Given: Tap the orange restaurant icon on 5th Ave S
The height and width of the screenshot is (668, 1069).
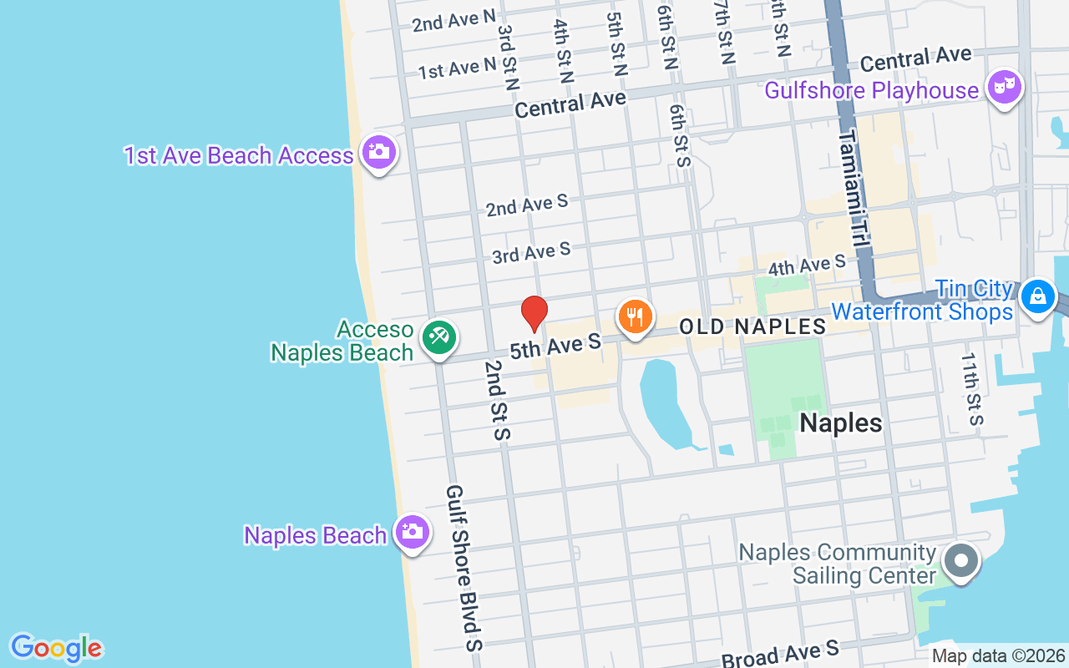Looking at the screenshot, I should [x=635, y=317].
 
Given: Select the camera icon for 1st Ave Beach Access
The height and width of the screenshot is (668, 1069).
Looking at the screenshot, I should [x=379, y=152].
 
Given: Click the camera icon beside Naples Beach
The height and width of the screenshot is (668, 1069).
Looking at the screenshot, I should [x=412, y=531].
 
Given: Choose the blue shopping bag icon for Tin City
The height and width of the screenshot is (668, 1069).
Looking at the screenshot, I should [x=1037, y=296].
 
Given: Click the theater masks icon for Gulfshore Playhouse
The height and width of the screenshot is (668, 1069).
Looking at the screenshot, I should [x=1004, y=87].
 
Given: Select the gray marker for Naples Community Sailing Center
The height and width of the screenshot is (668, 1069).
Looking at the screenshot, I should [x=960, y=560].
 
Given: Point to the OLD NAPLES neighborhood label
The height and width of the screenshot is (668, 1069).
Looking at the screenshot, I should [x=752, y=326].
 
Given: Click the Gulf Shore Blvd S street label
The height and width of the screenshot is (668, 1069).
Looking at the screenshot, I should [x=464, y=568].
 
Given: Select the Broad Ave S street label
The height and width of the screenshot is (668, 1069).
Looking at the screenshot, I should [x=780, y=654].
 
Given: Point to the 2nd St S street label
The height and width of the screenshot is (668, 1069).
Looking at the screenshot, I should [x=498, y=400].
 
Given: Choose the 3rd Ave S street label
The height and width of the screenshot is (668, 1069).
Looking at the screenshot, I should [x=531, y=252].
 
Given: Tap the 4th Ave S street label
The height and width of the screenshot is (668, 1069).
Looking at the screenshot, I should [x=807, y=266].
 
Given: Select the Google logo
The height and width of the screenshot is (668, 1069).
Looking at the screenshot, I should [x=56, y=648].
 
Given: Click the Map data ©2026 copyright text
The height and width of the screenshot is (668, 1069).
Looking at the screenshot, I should [x=999, y=656].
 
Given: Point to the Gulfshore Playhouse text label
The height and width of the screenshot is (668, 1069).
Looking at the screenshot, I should [x=872, y=90].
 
